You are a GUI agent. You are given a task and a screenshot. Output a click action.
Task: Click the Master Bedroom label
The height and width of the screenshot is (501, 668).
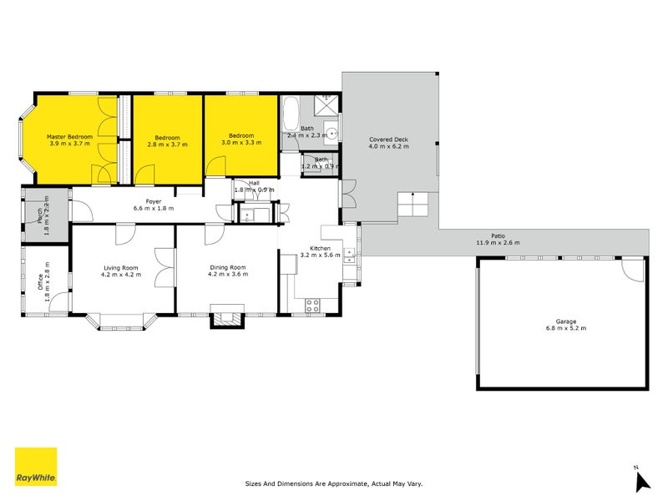click(68, 136)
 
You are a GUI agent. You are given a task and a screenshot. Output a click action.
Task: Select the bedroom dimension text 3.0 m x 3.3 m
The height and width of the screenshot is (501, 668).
click(241, 144)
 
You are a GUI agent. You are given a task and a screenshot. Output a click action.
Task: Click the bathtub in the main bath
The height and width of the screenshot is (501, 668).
click(291, 113)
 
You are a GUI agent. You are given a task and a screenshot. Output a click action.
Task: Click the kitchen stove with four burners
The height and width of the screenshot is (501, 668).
click(314, 305)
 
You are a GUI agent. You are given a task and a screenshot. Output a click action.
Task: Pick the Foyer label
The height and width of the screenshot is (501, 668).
click(153, 200)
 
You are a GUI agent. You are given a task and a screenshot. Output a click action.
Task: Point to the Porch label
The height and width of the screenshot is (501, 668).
click(39, 218)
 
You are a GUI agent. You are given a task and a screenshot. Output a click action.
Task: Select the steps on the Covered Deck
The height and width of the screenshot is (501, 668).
click(412, 205)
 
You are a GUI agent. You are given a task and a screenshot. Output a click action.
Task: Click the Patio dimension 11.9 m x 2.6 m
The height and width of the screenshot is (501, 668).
click(498, 243)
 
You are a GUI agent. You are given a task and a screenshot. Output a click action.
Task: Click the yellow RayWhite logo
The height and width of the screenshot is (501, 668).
click(36, 466)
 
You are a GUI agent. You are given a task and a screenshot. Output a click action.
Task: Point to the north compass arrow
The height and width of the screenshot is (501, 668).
click(642, 481)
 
